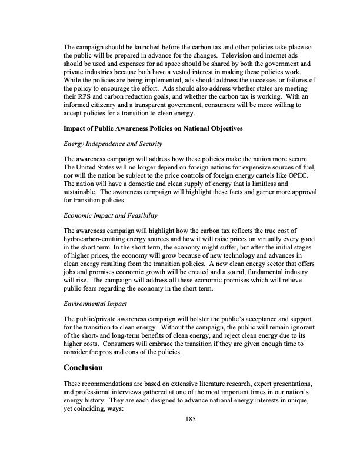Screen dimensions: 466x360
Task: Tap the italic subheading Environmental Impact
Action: tap(96, 304)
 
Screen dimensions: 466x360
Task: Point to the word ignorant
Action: tap(302, 327)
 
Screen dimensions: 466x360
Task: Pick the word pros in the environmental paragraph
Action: tap(113, 353)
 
